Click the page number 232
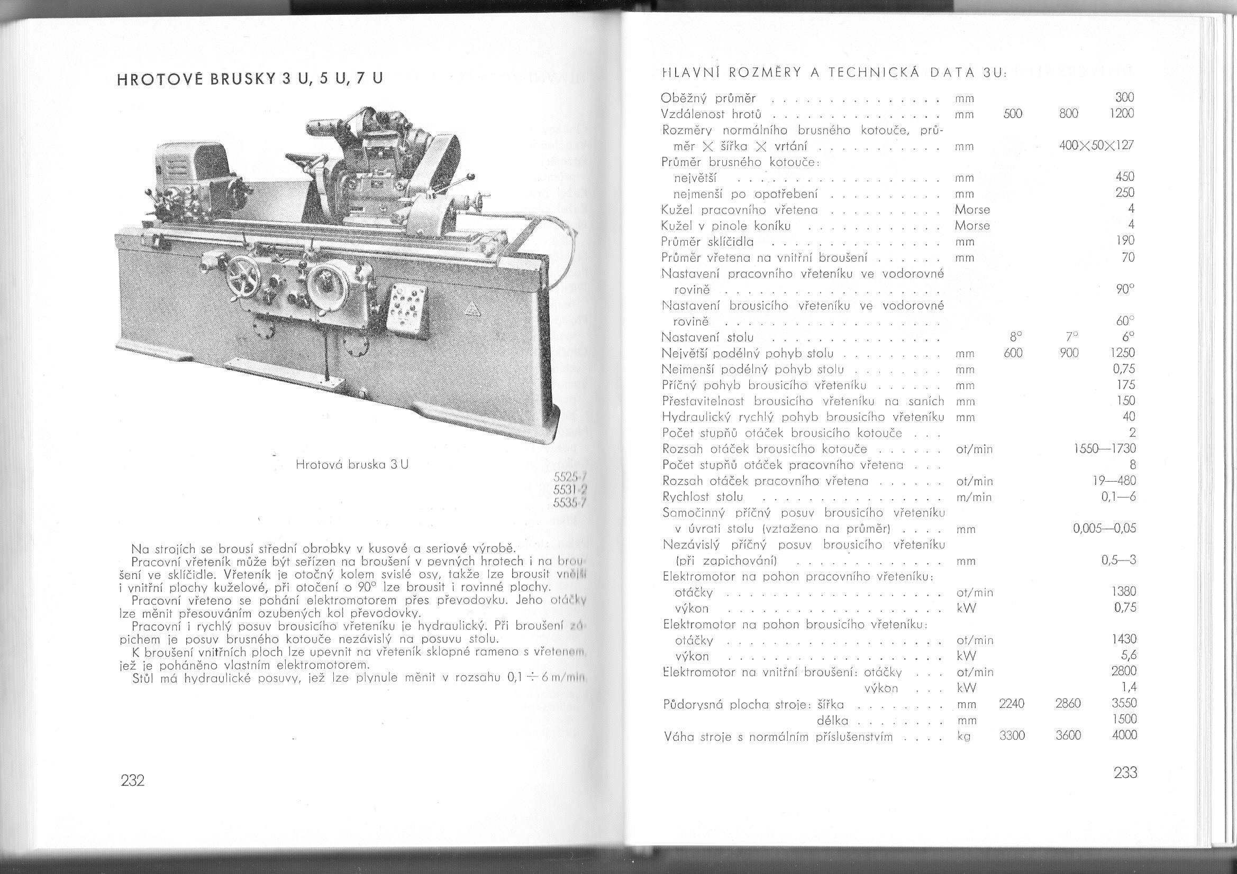pyautogui.click(x=132, y=780)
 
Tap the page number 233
pyautogui.click(x=1125, y=773)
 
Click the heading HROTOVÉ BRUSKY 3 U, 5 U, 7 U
pyautogui.click(x=249, y=79)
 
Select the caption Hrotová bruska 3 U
pyautogui.click(x=352, y=464)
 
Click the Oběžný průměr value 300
pyautogui.click(x=1124, y=98)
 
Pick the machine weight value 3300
pyautogui.click(x=1012, y=735)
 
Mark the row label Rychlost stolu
pyautogui.click(x=703, y=496)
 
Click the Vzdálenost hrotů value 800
pyautogui.click(x=1068, y=114)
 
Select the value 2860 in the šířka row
pyautogui.click(x=1068, y=703)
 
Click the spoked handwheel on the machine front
pyautogui.click(x=243, y=279)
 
